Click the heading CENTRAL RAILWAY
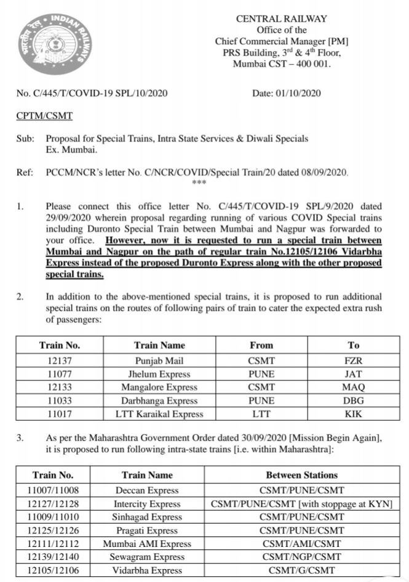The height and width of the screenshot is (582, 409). tap(281, 19)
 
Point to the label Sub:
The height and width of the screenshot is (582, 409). tap(25, 138)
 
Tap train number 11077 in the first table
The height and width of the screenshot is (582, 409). tap(60, 373)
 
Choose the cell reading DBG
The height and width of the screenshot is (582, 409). tap(353, 401)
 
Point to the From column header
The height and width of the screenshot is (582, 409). tap(261, 345)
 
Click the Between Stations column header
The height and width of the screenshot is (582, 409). tap(301, 475)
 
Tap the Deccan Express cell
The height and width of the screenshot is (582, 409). tap(148, 490)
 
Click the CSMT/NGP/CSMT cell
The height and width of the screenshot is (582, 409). tap(301, 557)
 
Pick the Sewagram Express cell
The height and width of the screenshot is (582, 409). tap(148, 557)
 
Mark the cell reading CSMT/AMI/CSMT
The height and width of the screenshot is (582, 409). tap(301, 544)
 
